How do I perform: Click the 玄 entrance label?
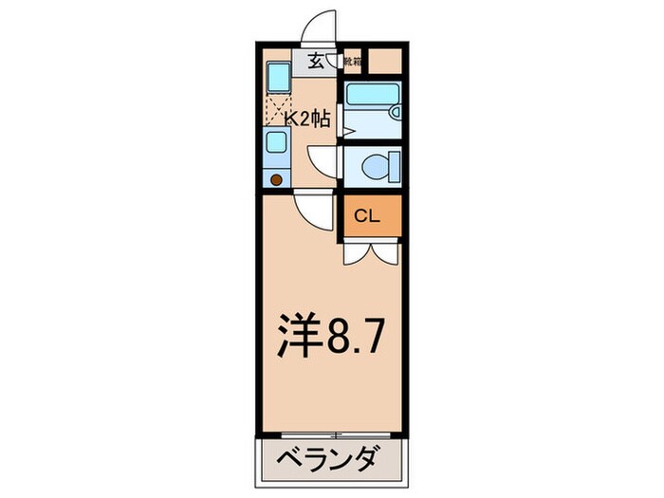(314, 63)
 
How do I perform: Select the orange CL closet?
(369, 216)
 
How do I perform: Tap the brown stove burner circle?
(277, 177)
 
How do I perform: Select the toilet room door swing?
(323, 162)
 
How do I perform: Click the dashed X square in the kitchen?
(278, 108)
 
